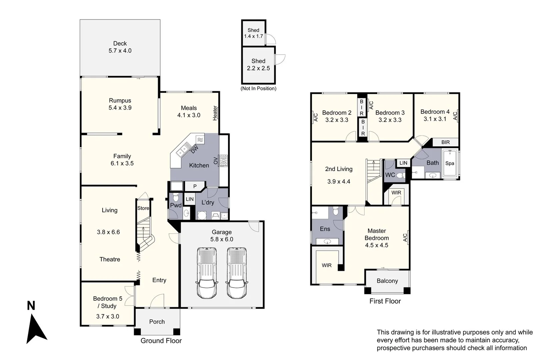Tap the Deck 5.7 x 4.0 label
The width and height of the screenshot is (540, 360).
120,47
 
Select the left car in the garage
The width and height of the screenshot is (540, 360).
207,273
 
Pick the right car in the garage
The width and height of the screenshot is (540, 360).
237,273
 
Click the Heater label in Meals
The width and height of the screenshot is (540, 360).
215,113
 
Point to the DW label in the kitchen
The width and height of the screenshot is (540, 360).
195,149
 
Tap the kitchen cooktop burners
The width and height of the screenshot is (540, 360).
223,161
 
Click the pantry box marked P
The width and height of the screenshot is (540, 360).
195,186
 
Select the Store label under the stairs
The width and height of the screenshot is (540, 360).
143,208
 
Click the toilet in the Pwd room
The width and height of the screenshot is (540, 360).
176,197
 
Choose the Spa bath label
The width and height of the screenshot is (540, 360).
450,163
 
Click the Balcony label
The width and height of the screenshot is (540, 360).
387,281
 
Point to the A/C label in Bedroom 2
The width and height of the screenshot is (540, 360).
316,117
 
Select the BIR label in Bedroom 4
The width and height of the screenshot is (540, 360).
445,142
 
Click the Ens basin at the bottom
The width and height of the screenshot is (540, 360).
327,241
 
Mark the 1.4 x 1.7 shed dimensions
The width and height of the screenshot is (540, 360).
253,36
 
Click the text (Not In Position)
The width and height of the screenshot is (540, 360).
258,88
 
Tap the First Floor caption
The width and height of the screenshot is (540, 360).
385,301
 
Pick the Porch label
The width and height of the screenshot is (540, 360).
157,322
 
